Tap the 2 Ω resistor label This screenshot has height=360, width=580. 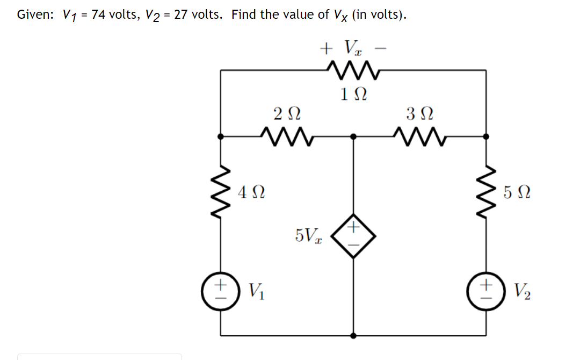pyautogui.click(x=287, y=114)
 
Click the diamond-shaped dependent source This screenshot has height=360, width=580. pyautogui.click(x=353, y=235)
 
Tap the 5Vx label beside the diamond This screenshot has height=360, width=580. pyautogui.click(x=308, y=235)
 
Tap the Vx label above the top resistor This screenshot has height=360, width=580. pyautogui.click(x=354, y=49)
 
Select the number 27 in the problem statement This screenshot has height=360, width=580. pyautogui.click(x=181, y=15)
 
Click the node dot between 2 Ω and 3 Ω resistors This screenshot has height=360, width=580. pyautogui.click(x=353, y=136)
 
